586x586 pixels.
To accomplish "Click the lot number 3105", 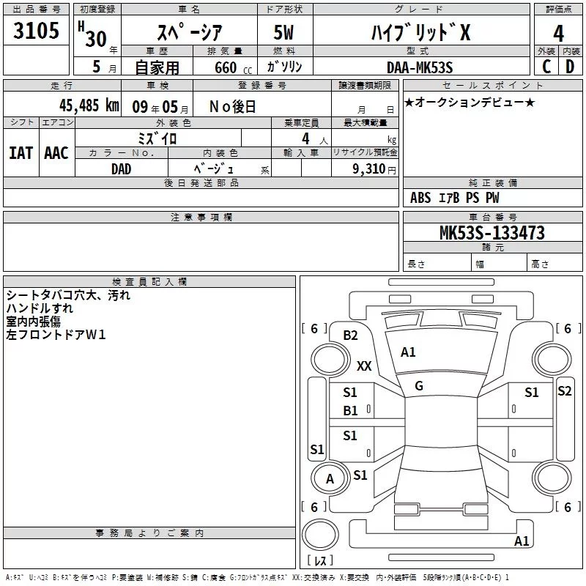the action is coord(36,30).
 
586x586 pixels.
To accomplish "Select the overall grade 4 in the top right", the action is coord(558,34).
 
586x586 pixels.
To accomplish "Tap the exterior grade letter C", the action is coord(546,67).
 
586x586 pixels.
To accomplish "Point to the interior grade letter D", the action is coord(570,67).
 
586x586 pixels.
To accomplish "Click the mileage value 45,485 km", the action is coord(89,105).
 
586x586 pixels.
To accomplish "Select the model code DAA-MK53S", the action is coord(420,67).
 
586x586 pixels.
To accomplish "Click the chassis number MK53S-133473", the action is coord(492,232).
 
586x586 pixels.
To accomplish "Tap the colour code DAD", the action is coord(122,169).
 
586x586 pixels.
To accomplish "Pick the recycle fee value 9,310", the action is coord(369,169).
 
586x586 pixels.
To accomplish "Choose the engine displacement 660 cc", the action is coord(233,67).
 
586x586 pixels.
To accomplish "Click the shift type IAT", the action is coord(21,153).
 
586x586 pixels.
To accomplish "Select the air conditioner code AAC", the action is coord(56,153).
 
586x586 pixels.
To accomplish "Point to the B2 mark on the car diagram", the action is coord(351,335).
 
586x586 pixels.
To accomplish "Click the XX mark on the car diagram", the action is coord(364,366).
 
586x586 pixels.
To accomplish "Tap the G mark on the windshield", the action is coord(419,386).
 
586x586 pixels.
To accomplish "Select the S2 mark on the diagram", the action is coord(564,391).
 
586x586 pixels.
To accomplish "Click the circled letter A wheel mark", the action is coord(330,479).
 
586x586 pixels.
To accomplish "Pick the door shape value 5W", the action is coord(283,32).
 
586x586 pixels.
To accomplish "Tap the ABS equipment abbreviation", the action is coord(420,198).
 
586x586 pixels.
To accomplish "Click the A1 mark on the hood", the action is coord(408,352).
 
